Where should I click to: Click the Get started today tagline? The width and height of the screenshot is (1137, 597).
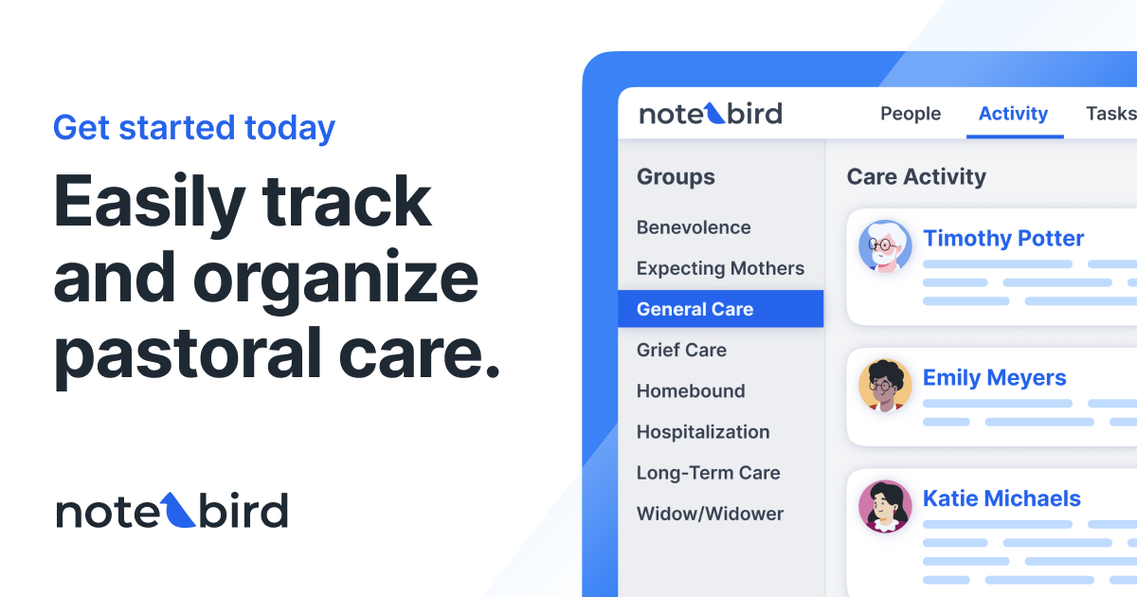[x=194, y=128]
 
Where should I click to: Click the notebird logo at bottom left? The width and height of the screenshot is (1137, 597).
[x=171, y=512]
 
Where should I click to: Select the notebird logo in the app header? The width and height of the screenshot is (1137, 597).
[x=711, y=114]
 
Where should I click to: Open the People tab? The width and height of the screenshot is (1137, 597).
[x=911, y=114]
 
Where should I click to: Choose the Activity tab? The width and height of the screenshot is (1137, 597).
[x=1013, y=114]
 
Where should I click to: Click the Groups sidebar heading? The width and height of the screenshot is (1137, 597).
[x=676, y=176]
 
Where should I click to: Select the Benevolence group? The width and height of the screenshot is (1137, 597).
[x=694, y=227]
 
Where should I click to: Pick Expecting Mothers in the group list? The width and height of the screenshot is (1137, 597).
[x=720, y=268]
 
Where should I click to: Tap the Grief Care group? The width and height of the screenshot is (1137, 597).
[x=681, y=350]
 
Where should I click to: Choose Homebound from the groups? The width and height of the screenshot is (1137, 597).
[x=691, y=390]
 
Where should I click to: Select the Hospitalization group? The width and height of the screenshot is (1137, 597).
[x=703, y=431]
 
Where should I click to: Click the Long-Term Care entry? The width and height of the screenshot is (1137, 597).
[x=708, y=472]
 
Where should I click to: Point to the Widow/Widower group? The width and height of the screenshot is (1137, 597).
[x=710, y=514]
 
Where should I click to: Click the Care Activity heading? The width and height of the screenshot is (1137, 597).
[x=916, y=176]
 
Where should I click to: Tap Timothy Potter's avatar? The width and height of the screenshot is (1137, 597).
[x=885, y=246]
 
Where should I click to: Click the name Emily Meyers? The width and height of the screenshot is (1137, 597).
[x=994, y=377]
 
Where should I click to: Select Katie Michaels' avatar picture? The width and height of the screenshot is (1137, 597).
[x=885, y=506]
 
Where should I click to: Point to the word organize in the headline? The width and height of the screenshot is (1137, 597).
[x=336, y=279]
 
